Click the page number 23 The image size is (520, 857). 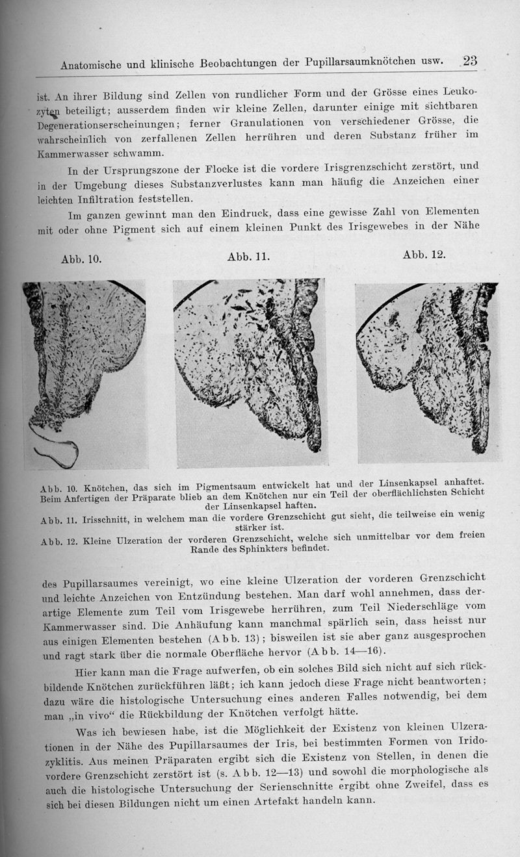pos(469,60)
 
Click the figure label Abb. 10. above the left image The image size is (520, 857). pos(81,259)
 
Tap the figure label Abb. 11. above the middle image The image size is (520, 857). pos(249,256)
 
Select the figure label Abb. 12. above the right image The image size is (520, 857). pos(424,254)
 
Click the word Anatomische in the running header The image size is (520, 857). pos(94,66)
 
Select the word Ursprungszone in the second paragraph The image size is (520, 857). pos(143,172)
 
